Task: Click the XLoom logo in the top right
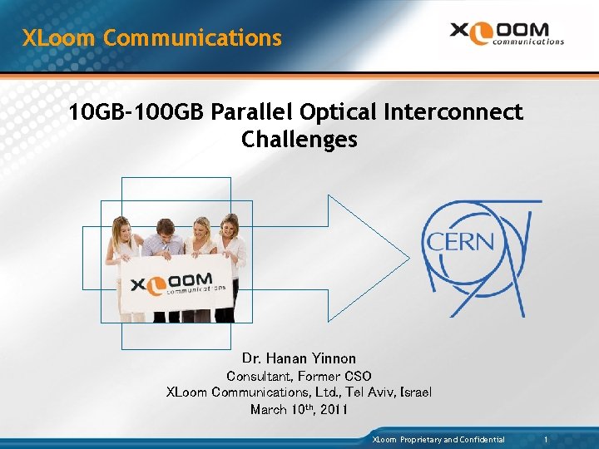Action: click(x=507, y=33)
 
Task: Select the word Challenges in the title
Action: click(x=299, y=139)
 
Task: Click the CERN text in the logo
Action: click(x=460, y=243)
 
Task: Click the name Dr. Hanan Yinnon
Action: click(x=299, y=358)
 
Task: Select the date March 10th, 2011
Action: click(x=299, y=409)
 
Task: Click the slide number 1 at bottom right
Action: click(x=546, y=439)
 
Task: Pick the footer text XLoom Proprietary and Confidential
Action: click(x=438, y=439)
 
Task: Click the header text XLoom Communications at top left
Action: click(x=152, y=38)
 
